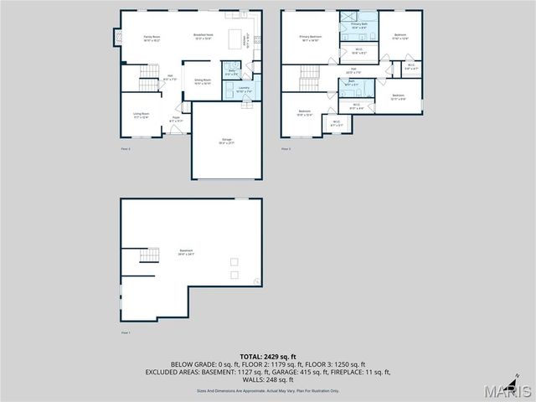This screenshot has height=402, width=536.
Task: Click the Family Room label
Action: coord(151,38)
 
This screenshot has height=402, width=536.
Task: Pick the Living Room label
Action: coord(141,116)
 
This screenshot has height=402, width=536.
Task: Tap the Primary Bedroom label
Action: coord(311,38)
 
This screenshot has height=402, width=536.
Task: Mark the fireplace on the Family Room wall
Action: coord(118,38)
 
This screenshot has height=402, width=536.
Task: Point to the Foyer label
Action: coord(176,120)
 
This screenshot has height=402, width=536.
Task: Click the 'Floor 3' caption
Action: coord(286,149)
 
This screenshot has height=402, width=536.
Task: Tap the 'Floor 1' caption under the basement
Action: coord(126,332)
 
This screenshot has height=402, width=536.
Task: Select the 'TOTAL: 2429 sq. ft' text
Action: coord(268,357)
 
